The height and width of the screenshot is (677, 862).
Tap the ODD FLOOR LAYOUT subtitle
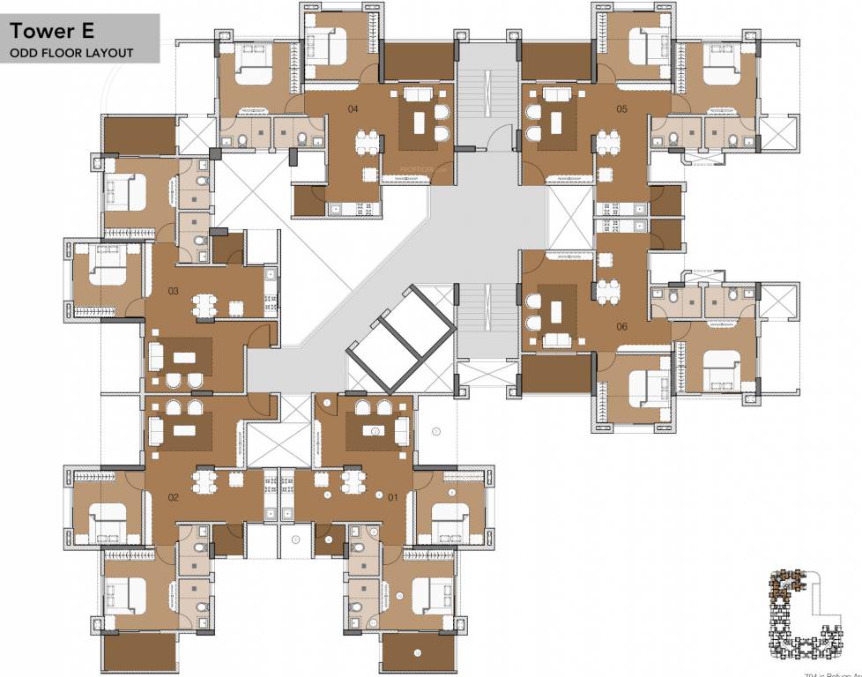coord(71,53)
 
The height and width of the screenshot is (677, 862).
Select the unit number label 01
coord(392,497)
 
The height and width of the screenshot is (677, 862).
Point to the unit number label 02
coord(173,497)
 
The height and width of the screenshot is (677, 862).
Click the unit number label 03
coord(173,291)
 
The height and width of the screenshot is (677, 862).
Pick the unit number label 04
coord(353,109)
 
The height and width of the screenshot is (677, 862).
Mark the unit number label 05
coord(621,109)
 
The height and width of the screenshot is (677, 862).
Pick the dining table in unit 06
coord(606,291)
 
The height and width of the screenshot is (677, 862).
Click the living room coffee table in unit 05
coord(556,120)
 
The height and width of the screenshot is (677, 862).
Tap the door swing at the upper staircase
coord(502,136)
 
